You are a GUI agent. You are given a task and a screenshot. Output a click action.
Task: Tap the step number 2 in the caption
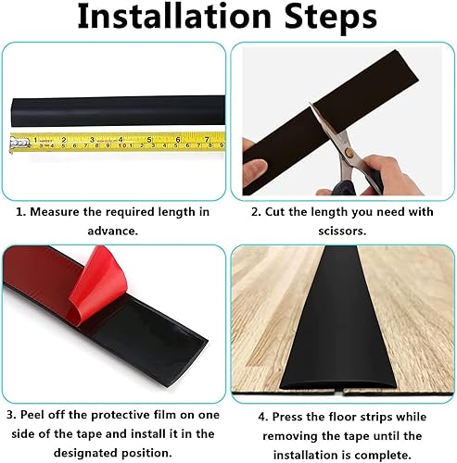tap(242, 212)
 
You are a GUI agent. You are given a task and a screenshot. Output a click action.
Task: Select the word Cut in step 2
tap(264, 212)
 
